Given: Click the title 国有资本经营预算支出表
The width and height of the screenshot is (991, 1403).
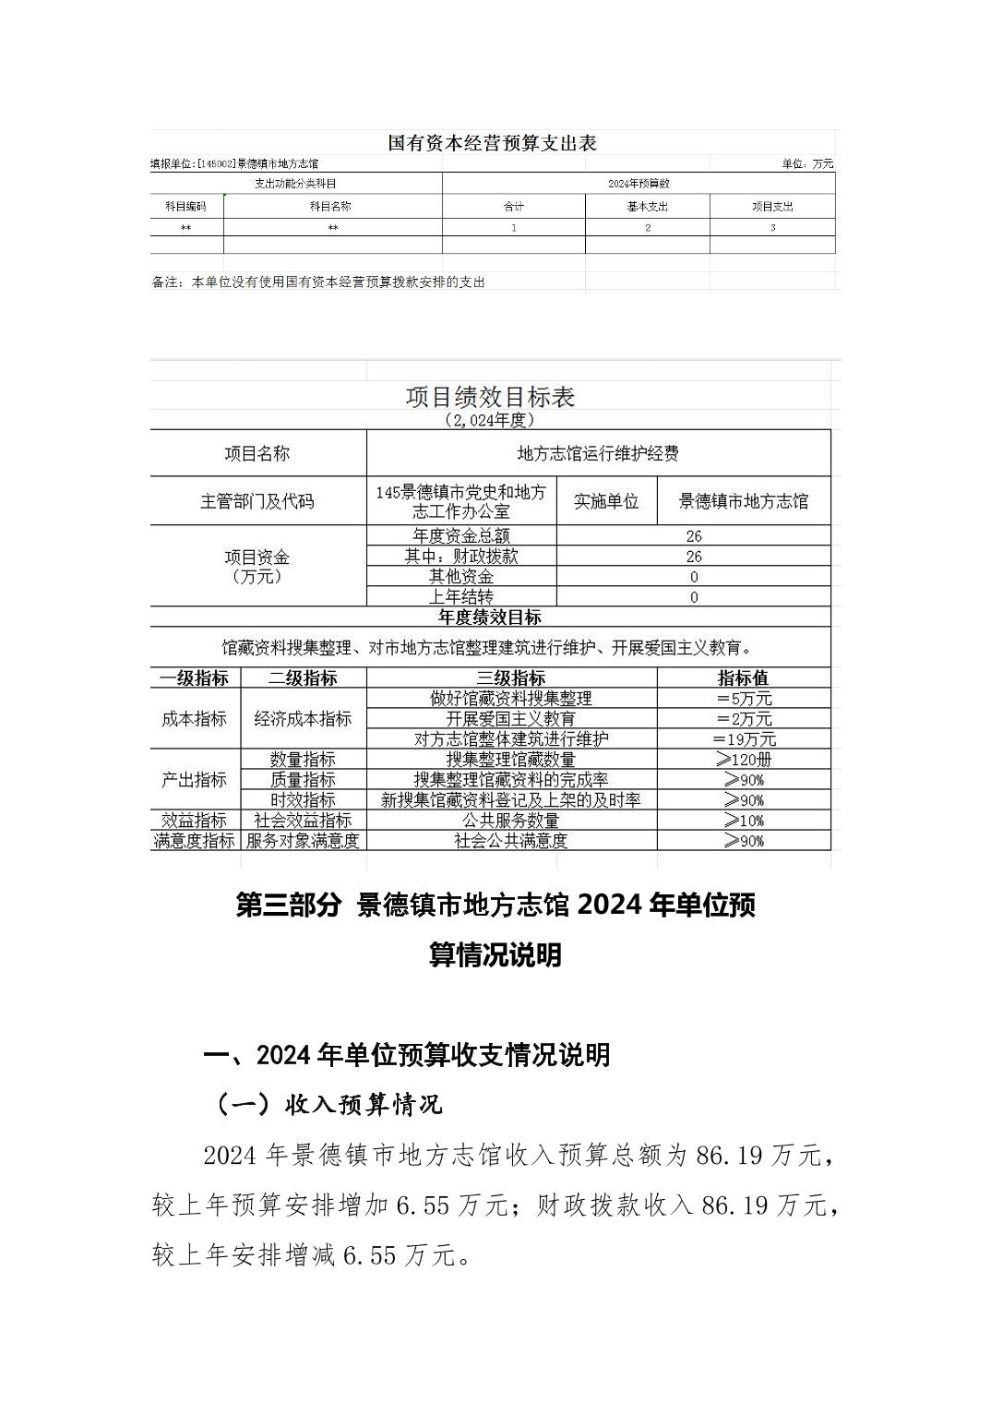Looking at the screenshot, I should coord(492,143).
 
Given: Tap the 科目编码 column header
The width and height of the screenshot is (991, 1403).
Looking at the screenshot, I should coord(185,207).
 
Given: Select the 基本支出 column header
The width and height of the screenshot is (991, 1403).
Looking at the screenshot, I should coord(647,207).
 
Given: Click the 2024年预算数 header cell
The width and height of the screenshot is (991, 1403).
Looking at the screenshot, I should coord(639,184).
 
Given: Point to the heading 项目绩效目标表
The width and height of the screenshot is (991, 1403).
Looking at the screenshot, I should coord(490,397).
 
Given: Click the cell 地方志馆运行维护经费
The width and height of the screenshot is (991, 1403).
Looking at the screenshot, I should coord(598,453).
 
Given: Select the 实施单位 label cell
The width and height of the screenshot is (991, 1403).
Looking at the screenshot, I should coord(606,501).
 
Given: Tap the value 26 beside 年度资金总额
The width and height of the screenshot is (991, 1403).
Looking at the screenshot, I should coord(694,536).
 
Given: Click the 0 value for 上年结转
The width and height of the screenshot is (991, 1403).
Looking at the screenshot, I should coord(694,597).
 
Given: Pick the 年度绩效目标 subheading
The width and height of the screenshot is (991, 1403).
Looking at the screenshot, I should coord(490,618).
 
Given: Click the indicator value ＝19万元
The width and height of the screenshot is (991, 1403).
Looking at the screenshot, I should coord(744,739).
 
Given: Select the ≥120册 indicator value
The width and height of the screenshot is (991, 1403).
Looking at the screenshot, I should coord(744,760).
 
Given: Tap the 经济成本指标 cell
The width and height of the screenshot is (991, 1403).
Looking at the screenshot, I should coord(303,719).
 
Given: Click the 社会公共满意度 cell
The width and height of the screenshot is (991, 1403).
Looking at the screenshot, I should coord(511,841).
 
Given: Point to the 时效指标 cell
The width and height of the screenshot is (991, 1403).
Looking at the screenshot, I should coord(303,800).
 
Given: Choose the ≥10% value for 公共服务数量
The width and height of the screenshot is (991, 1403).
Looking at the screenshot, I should coord(744,821).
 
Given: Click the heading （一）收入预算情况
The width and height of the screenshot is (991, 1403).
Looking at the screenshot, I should coord(328,1104).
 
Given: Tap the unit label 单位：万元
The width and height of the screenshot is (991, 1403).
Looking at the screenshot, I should coord(807,163).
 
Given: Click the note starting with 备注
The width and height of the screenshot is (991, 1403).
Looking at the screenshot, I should coord(318,282).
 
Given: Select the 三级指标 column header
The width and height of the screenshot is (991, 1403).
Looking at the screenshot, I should coord(511,678).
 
